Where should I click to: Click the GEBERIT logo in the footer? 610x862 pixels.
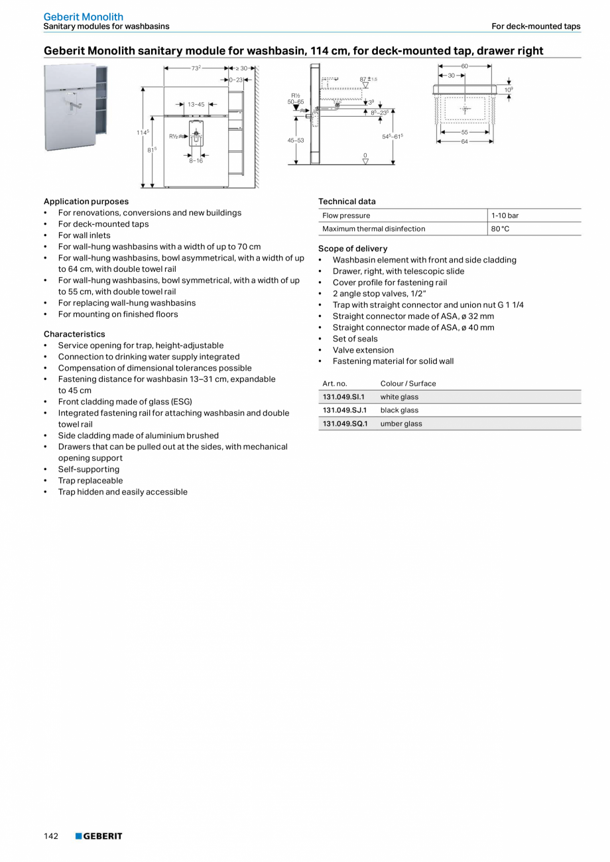tap(99, 836)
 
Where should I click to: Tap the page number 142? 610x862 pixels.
tap(51, 836)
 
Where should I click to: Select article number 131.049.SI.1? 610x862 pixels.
tap(343, 397)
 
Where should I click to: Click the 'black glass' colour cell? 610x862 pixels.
tap(399, 410)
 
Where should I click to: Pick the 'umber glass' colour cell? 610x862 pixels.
tap(400, 424)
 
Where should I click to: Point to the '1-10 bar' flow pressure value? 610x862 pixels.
tap(505, 215)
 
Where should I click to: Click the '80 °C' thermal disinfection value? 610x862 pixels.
tap(500, 229)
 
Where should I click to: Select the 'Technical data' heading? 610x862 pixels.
tap(347, 202)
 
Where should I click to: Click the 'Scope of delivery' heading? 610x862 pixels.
tap(353, 249)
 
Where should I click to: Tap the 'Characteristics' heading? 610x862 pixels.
tap(74, 334)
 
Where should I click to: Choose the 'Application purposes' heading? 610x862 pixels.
tap(86, 202)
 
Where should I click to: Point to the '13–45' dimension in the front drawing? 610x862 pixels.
tap(196, 105)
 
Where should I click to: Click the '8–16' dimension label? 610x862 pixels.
tap(196, 160)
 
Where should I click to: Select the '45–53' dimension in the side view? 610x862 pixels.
tap(296, 141)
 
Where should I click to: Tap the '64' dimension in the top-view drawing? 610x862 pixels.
tap(465, 141)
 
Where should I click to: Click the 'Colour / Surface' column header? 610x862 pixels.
tap(408, 384)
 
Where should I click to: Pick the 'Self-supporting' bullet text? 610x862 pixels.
tap(88, 469)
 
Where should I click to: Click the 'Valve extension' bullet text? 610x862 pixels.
tap(363, 350)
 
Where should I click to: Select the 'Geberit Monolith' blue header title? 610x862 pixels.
tap(84, 17)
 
